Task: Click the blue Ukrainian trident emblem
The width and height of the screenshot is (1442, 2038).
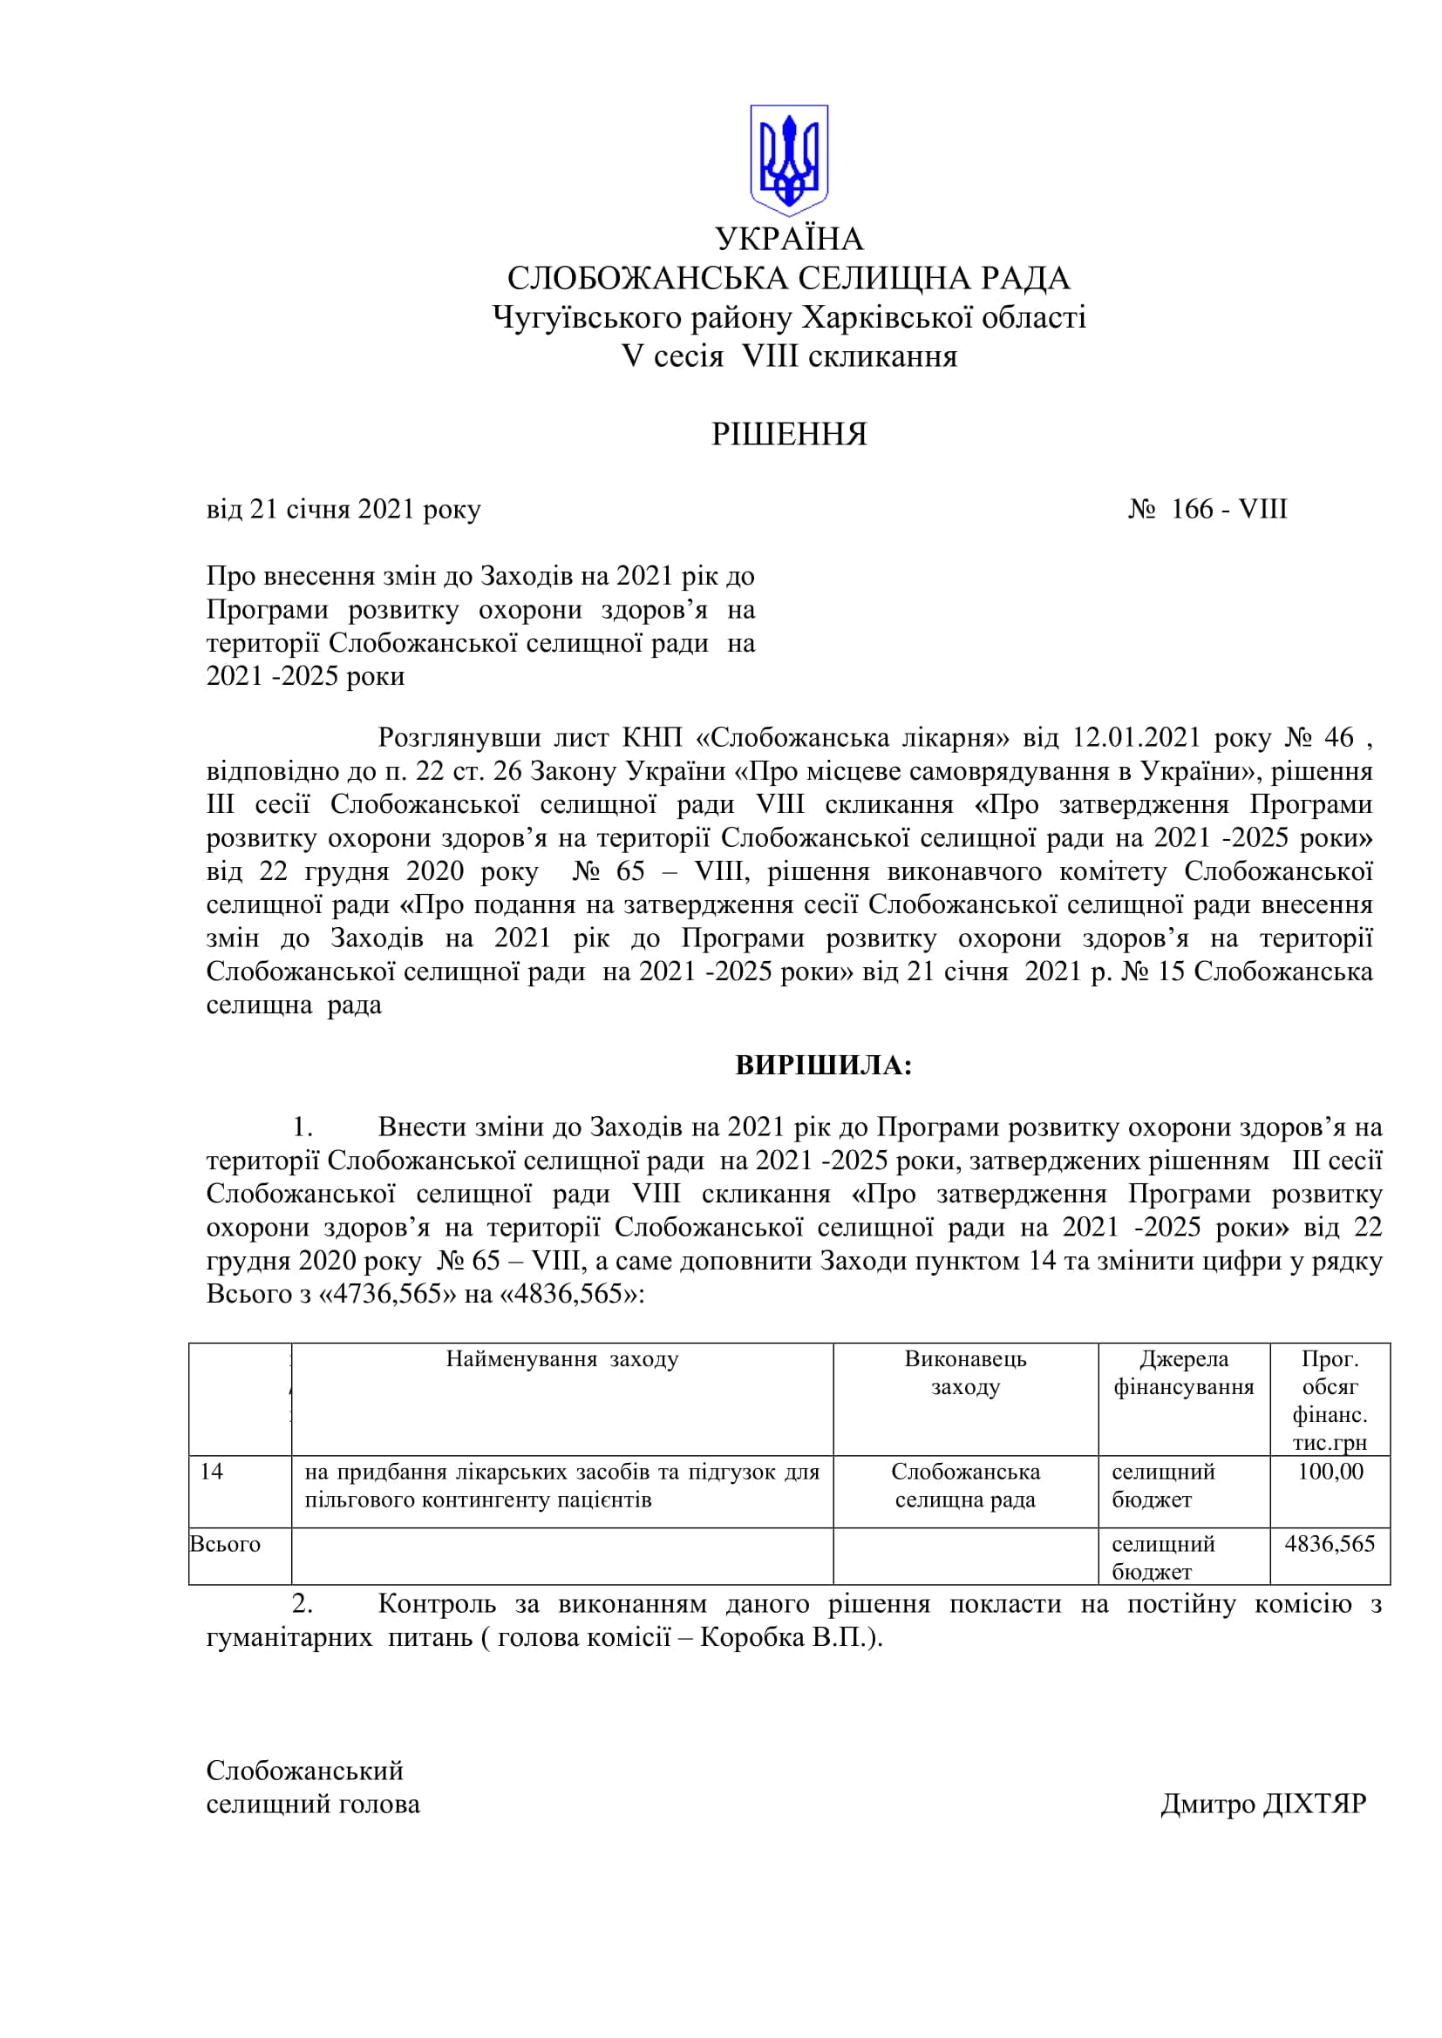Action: (788, 159)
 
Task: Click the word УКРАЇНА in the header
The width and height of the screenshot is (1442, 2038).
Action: (788, 239)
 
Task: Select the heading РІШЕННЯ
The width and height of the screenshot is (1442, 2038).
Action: (788, 434)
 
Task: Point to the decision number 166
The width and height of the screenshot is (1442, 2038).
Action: (1192, 510)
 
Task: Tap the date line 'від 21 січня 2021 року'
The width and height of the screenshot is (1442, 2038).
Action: (343, 510)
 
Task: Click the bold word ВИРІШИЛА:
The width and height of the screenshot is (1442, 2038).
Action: (823, 1065)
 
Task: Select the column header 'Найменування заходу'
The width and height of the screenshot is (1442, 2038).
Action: (562, 1359)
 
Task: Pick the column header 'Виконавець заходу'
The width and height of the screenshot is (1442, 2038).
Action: (965, 1372)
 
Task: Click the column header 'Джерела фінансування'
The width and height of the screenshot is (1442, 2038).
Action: (1184, 1372)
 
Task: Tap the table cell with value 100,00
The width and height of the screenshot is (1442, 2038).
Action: (1330, 1472)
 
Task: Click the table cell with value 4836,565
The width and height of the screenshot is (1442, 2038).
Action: (1330, 1544)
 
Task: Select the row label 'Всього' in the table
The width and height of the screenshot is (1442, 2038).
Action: (226, 1545)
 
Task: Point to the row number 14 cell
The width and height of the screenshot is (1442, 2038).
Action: (211, 1472)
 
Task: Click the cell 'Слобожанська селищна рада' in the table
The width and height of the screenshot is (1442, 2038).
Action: (965, 1486)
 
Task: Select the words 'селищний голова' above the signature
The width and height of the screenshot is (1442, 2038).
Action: (313, 1804)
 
